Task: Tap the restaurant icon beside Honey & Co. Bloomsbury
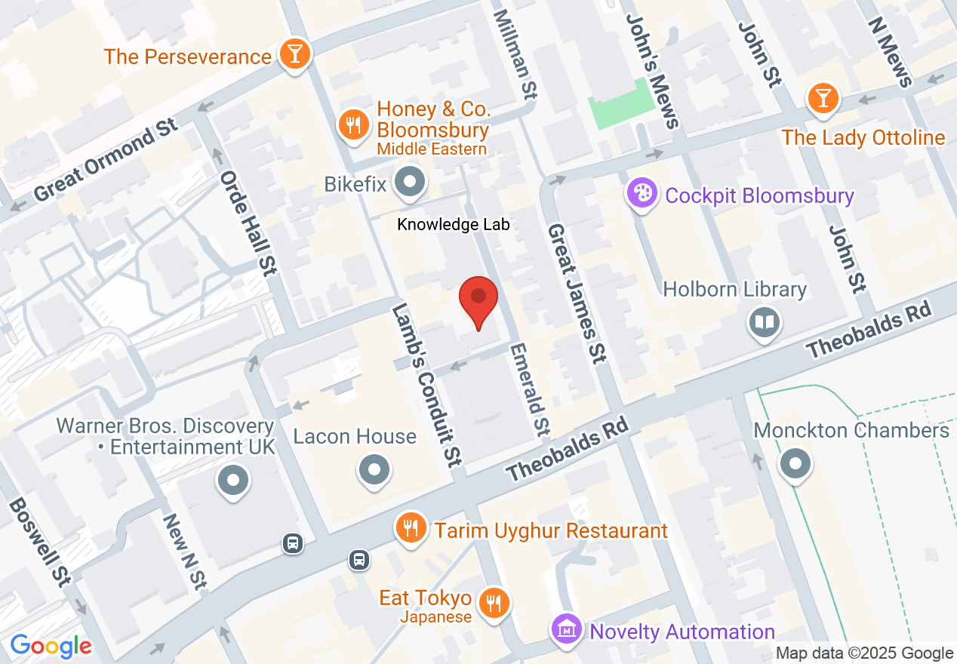tap(352, 123)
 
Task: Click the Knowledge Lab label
tap(454, 224)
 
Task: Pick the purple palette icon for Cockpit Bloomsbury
tap(642, 195)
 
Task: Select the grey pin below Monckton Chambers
tap(795, 463)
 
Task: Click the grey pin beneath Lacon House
tap(374, 469)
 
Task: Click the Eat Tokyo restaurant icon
tap(495, 603)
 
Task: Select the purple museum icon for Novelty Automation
tap(566, 629)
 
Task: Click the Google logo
tap(51, 646)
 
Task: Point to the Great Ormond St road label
tap(106, 160)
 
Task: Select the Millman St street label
tap(515, 53)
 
